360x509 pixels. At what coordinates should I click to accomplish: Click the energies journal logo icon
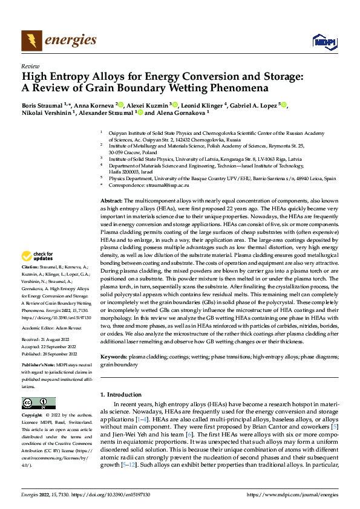[x=31, y=41]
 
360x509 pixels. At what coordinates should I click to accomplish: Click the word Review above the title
[x=29, y=66]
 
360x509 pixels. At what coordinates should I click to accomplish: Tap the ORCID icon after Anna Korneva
[x=121, y=105]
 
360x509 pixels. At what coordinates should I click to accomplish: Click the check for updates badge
[x=38, y=257]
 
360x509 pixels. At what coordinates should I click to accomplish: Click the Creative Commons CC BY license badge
[x=38, y=403]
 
